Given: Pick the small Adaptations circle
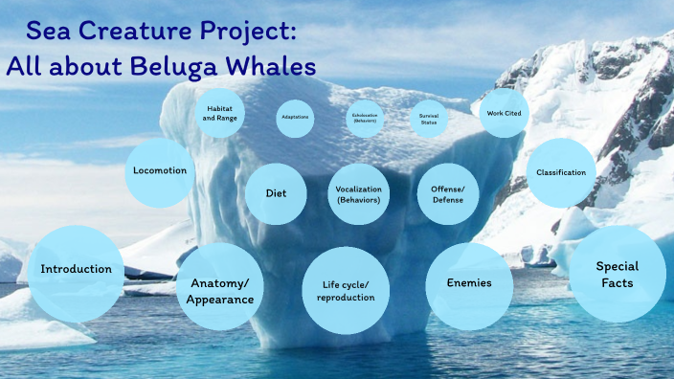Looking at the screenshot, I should pyautogui.click(x=294, y=118).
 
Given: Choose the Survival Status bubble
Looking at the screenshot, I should pyautogui.click(x=427, y=119).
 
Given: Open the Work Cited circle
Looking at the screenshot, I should pyautogui.click(x=504, y=113).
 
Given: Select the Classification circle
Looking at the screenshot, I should pyautogui.click(x=561, y=172).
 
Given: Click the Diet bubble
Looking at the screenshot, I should pyautogui.click(x=278, y=193).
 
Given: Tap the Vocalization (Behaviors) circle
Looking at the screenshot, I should pyautogui.click(x=359, y=194).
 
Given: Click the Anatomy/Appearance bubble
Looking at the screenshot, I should pyautogui.click(x=221, y=292).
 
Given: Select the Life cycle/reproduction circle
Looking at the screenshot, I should pyautogui.click(x=345, y=291).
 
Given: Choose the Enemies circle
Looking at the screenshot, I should pyautogui.click(x=469, y=283).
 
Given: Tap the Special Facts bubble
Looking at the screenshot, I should pyautogui.click(x=618, y=274).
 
